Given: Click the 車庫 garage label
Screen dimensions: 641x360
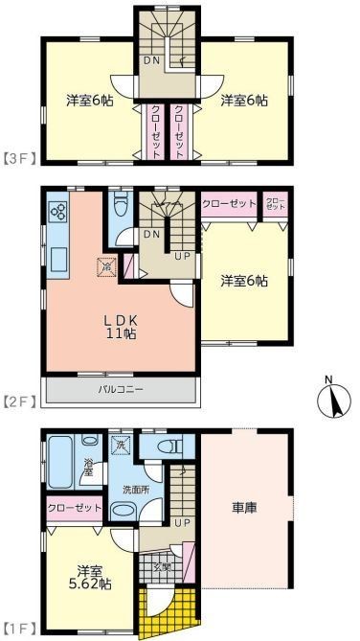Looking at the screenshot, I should point(245,507).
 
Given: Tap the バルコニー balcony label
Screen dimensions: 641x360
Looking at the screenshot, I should point(120,391).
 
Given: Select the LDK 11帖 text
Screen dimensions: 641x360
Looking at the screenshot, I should point(118,327).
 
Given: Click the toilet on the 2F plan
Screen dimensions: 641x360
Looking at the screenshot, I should point(120,208).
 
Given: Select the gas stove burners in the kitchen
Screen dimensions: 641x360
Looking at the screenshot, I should point(56,213).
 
